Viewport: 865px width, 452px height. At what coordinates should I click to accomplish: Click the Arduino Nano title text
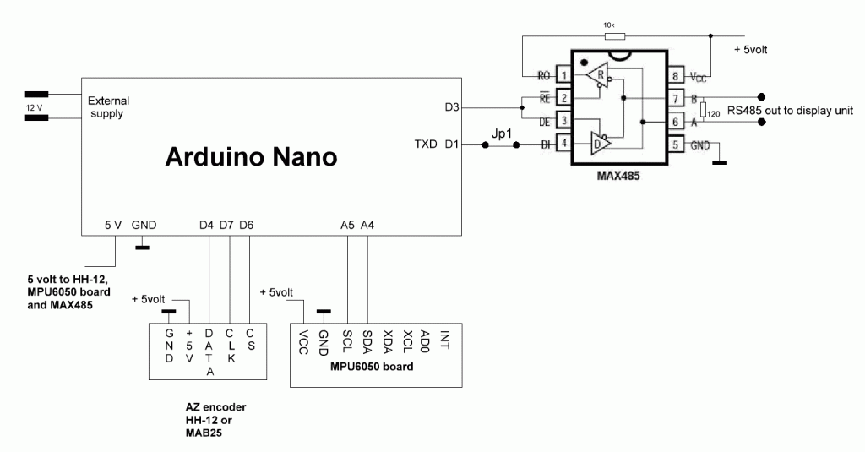click(x=251, y=157)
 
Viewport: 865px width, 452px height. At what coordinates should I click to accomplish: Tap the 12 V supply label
click(x=33, y=107)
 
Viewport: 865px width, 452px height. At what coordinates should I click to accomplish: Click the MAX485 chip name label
click(x=620, y=178)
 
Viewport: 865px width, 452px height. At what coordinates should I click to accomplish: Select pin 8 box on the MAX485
click(x=677, y=75)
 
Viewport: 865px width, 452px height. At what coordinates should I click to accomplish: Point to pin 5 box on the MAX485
click(x=677, y=144)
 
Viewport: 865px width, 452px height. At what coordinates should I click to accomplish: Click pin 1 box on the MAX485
click(x=562, y=75)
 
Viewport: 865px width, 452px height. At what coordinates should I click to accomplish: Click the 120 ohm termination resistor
click(x=703, y=110)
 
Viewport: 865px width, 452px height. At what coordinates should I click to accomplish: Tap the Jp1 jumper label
click(x=504, y=132)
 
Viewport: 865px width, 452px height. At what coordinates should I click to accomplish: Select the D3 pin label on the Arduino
click(x=452, y=107)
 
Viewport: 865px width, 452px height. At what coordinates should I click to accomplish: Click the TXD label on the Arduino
click(x=427, y=144)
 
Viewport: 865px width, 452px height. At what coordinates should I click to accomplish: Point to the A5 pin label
click(x=347, y=225)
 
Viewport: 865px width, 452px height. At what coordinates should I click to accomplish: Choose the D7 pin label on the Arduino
click(x=226, y=225)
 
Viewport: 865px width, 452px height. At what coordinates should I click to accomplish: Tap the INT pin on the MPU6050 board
click(x=445, y=340)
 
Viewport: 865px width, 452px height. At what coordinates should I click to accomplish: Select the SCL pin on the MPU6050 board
click(x=346, y=341)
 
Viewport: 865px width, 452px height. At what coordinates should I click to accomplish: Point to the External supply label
click(x=109, y=107)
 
